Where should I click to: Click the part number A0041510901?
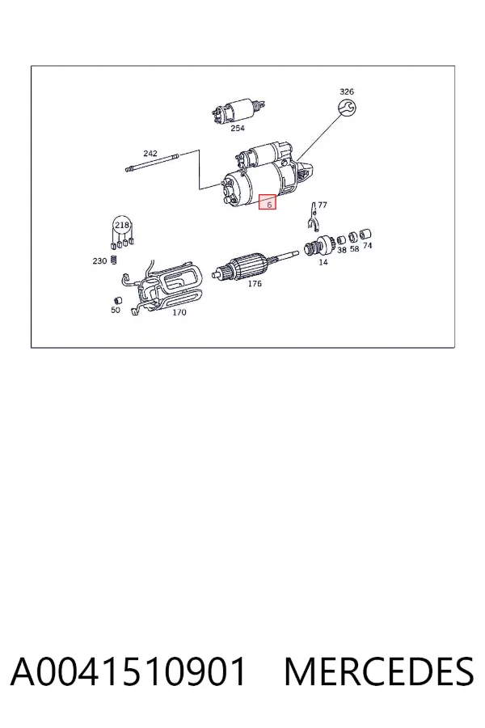point(128,671)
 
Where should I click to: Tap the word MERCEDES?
point(379,671)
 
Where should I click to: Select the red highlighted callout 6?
point(268,201)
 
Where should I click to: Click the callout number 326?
point(347,91)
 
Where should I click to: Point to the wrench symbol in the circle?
point(347,108)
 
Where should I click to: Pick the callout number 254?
point(238,128)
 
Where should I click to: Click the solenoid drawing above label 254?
point(237,111)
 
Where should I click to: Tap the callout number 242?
point(150,153)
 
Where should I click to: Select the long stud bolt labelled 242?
point(152,162)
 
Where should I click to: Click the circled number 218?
point(122,225)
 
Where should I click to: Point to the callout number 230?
point(99,261)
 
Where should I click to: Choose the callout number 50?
point(116,310)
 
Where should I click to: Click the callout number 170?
point(179,312)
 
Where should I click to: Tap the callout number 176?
point(255,284)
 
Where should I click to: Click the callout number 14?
point(323,262)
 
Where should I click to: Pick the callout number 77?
point(322,205)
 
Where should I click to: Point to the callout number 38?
point(342,250)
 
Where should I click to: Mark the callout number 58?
point(354,249)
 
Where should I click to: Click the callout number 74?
point(367,246)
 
